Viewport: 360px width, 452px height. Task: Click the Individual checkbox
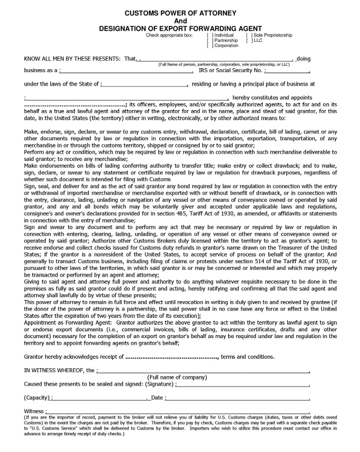[209, 35]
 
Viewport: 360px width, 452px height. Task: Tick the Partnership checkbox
[209, 41]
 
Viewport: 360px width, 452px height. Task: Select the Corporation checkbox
[209, 46]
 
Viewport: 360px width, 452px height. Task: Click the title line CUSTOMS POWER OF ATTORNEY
[180, 12]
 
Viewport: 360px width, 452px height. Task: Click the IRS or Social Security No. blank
[287, 71]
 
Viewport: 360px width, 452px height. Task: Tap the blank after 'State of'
[144, 84]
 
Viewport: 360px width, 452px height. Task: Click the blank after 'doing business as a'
[126, 71]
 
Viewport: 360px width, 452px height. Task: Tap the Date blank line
[238, 398]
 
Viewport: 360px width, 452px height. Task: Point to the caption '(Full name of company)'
[180, 377]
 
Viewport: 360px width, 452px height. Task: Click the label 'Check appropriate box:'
[169, 35]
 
